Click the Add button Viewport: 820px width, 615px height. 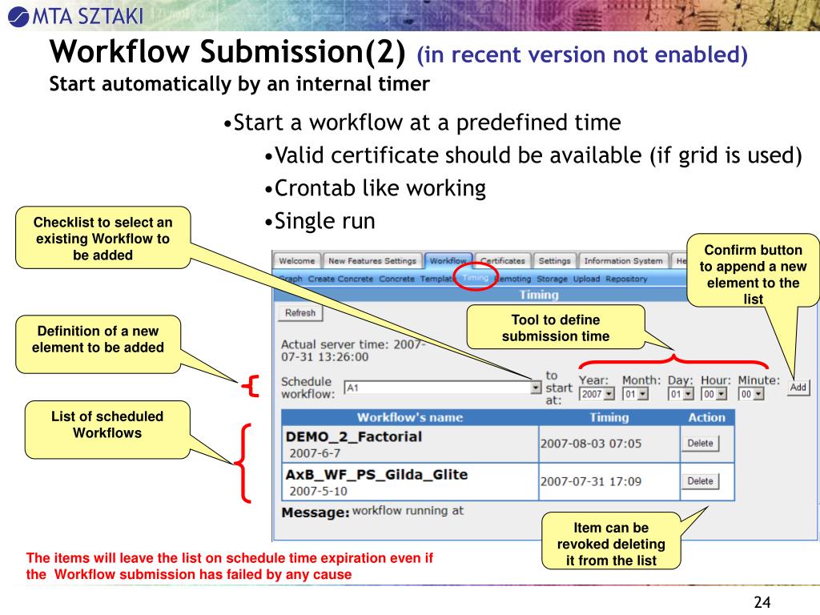798,388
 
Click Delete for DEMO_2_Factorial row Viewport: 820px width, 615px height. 700,444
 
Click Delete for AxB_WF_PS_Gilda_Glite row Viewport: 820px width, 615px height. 700,481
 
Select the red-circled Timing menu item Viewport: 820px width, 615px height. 474,278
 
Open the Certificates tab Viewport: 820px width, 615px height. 503,261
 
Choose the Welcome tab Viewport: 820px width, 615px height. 297,261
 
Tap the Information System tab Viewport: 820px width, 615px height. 624,261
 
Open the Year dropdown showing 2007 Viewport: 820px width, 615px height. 597,394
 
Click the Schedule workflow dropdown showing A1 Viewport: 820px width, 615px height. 443,388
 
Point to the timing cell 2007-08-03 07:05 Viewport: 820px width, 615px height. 590,444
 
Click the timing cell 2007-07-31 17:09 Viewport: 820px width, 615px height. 590,482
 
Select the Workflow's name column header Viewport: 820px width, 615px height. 409,417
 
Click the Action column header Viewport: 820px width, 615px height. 706,417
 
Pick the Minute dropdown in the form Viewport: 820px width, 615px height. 751,394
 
